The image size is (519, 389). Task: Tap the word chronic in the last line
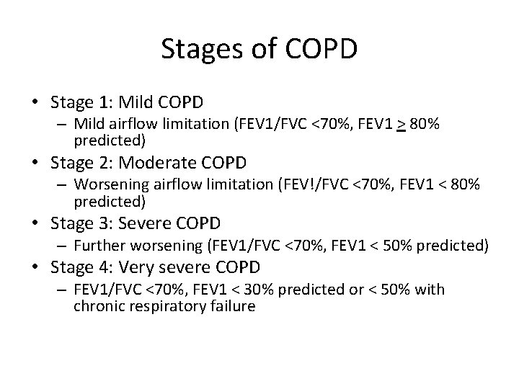[96, 305]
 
